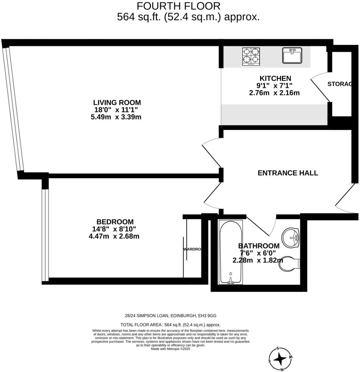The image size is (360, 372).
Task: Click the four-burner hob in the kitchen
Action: (x=251, y=56)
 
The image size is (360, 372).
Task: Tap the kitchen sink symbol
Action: (x=292, y=55)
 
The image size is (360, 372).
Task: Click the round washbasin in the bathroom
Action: (x=291, y=237)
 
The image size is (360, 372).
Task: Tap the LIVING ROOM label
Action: (x=117, y=103)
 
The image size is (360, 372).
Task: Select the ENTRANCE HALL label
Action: (x=288, y=173)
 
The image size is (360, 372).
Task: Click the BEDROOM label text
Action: (x=115, y=222)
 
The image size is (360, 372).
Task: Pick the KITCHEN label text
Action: (x=275, y=79)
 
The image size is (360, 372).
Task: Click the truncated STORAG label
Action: (x=339, y=84)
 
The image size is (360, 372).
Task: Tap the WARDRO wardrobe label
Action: (x=192, y=249)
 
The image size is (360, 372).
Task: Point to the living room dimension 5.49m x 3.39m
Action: (x=116, y=117)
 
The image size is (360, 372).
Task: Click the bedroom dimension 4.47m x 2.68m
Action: (x=114, y=236)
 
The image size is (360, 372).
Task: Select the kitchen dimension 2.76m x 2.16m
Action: (x=274, y=93)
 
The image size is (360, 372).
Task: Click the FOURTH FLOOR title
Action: (x=179, y=6)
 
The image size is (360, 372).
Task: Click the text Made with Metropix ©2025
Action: (x=170, y=349)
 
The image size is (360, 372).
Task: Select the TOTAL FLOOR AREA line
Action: (x=170, y=325)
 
